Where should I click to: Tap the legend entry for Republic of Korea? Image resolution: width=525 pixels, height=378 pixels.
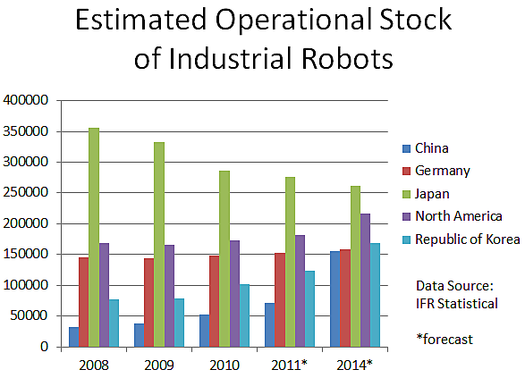(x=466, y=239)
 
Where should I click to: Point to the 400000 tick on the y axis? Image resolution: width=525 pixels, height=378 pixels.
(x=27, y=100)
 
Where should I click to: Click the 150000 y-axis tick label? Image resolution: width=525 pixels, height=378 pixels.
(x=27, y=255)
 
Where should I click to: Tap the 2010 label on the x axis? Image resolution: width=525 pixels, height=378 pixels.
(x=224, y=365)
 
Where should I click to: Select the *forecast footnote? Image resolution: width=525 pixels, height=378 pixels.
(x=445, y=339)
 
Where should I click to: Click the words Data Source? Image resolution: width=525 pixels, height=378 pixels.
(x=454, y=285)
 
